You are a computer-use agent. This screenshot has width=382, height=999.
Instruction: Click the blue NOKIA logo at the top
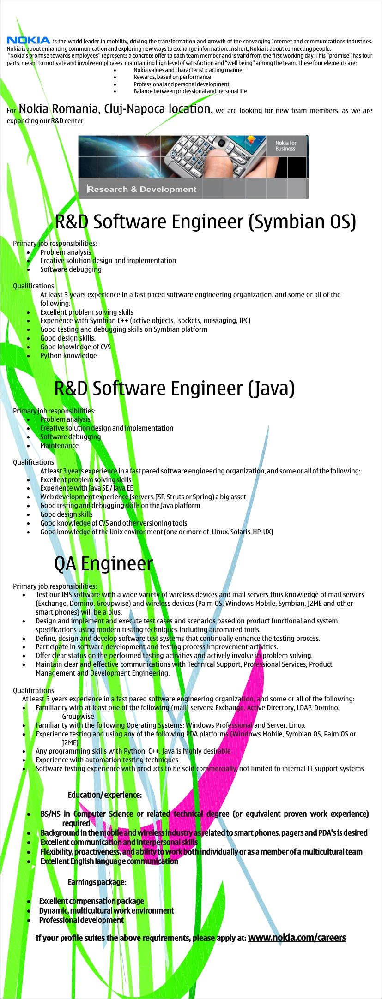28,40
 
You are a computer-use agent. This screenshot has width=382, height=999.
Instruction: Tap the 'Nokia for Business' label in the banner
285,145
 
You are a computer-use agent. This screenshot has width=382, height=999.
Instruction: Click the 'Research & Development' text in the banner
142,189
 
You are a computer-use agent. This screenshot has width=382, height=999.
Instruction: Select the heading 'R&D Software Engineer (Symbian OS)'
206,222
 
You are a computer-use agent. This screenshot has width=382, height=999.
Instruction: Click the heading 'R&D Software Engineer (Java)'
175,389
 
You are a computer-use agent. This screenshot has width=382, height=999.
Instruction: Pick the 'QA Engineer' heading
103,563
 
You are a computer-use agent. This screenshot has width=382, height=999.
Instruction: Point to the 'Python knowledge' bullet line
68,356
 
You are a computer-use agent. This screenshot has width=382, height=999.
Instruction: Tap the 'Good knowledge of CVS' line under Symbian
75,347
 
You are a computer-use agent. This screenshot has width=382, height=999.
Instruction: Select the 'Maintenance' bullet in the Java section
59,446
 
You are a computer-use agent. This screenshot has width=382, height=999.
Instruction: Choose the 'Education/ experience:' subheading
105,795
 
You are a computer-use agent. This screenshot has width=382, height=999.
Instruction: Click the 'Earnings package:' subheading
97,882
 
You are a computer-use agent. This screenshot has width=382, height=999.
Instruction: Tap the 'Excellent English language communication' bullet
109,861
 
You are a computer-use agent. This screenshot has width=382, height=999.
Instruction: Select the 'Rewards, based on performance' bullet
172,77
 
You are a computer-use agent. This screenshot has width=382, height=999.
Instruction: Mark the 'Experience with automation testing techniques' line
107,760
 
